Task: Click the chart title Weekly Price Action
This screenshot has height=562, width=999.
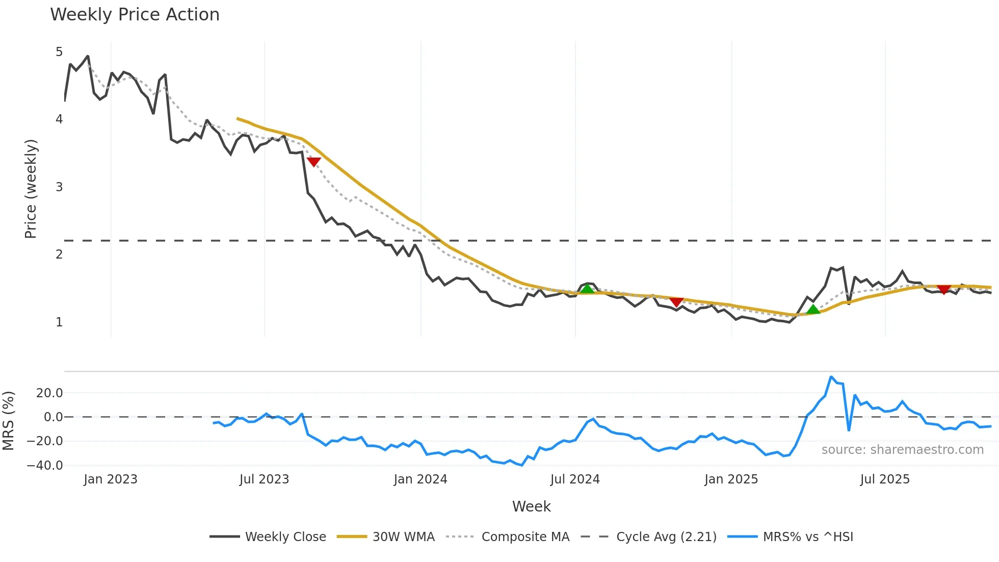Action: [135, 15]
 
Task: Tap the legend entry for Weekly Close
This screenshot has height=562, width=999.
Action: [285, 537]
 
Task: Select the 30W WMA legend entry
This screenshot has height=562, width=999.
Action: [403, 537]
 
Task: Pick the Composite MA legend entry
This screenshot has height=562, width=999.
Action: [525, 537]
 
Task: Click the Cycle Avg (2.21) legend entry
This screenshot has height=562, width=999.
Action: [666, 537]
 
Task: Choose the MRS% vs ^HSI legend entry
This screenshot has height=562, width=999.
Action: [807, 537]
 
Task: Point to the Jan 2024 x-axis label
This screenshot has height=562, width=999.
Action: [420, 479]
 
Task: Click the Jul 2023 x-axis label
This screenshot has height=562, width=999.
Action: [264, 479]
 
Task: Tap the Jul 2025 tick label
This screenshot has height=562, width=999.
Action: [885, 479]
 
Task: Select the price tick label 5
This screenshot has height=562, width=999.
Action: [59, 52]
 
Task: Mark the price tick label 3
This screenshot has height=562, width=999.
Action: [59, 187]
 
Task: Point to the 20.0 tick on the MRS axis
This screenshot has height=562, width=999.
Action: [49, 393]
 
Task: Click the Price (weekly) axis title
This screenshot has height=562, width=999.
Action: [31, 189]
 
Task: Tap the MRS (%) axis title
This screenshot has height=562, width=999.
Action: [8, 421]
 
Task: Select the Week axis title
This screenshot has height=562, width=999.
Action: [531, 506]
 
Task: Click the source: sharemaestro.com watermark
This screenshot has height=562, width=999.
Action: [902, 450]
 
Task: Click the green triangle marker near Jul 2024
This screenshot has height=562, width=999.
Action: [587, 289]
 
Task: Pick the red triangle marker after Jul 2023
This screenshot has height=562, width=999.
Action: [313, 162]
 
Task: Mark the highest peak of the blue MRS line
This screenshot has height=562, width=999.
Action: [831, 377]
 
